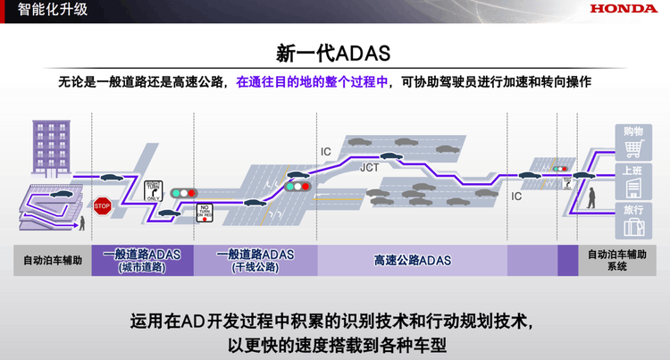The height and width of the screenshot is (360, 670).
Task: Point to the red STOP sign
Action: click(x=102, y=205)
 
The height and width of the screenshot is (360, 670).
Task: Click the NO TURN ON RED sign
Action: click(x=205, y=212)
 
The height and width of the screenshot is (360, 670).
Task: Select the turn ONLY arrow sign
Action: click(x=153, y=190)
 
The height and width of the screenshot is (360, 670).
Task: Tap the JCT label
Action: click(x=370, y=167)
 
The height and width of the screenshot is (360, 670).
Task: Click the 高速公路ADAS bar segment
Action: click(x=412, y=260)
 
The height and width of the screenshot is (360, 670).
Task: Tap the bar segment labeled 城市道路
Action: click(x=142, y=260)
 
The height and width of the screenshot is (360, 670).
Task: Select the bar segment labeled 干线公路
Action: click(x=255, y=260)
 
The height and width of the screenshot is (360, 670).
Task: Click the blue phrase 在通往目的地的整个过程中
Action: click(x=312, y=82)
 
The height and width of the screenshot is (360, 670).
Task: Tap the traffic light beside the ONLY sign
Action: click(x=185, y=193)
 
